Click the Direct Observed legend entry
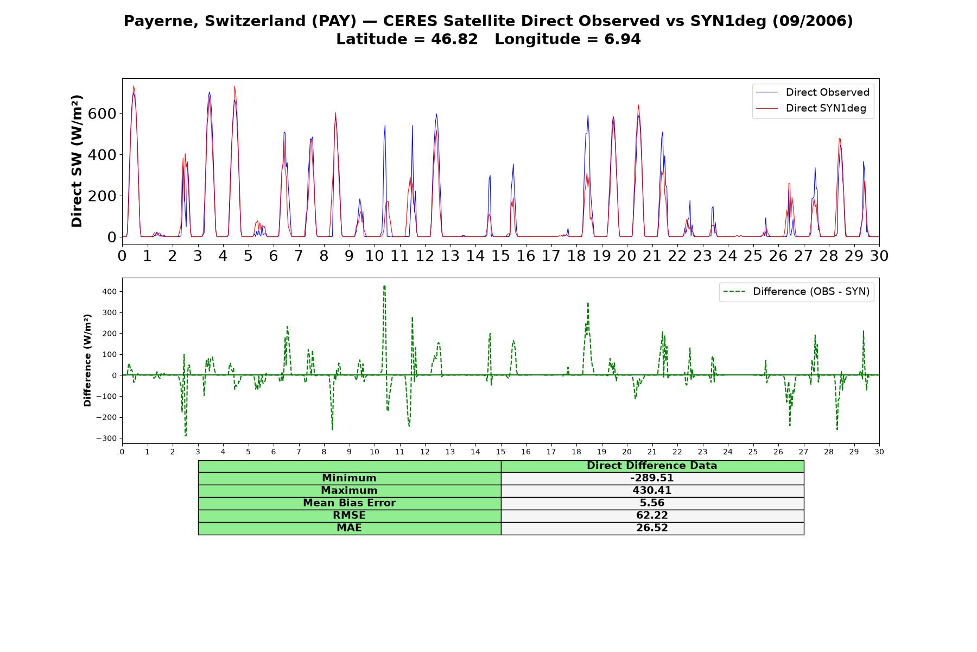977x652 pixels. pyautogui.click(x=813, y=92)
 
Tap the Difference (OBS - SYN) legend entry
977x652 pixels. pyautogui.click(x=796, y=292)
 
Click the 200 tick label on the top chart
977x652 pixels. pyautogui.click(x=103, y=196)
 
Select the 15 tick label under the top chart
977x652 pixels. pyautogui.click(x=500, y=255)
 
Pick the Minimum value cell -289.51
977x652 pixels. pyautogui.click(x=652, y=478)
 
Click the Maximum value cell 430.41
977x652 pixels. pyautogui.click(x=652, y=491)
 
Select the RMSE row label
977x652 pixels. pyautogui.click(x=349, y=516)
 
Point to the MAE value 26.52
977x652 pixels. pyautogui.click(x=652, y=528)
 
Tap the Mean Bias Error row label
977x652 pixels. pyautogui.click(x=349, y=503)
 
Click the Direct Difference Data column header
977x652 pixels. pyautogui.click(x=652, y=466)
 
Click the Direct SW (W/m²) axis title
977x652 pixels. pyautogui.click(x=77, y=161)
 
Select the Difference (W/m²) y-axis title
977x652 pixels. pyautogui.click(x=87, y=360)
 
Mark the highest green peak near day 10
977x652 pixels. pyautogui.click(x=384, y=286)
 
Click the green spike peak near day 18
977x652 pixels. pyautogui.click(x=588, y=303)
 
